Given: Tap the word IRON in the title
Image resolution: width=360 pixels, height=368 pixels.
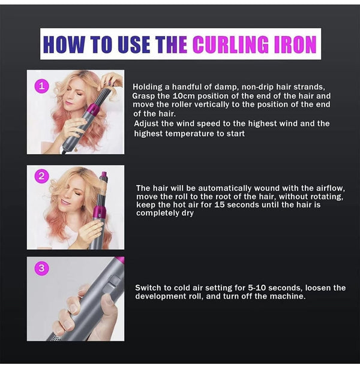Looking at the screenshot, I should coord(294,44).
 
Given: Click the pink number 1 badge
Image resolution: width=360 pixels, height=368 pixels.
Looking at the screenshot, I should coord(41,87).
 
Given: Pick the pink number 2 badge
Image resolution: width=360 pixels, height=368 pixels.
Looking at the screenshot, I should coord(41,176).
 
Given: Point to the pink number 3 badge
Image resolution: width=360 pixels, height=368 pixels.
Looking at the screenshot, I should coord(41,268).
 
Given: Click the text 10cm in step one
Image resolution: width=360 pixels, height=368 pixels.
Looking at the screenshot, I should coord(181,96).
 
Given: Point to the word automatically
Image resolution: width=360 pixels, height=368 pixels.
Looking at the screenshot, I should coord(218,188).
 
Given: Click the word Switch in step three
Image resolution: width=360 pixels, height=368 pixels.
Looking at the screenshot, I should coord(148,288).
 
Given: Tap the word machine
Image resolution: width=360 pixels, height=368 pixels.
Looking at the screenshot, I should coord(286,296).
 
